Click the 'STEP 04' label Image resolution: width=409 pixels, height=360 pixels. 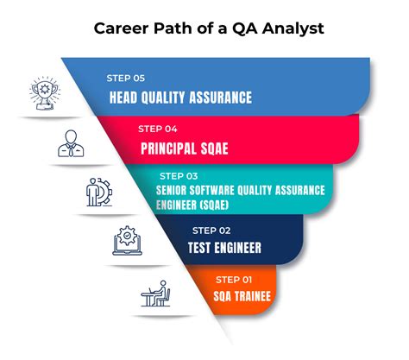[158, 129]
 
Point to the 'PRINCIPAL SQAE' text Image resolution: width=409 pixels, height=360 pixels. [185, 148]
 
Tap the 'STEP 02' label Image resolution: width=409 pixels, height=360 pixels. [211, 230]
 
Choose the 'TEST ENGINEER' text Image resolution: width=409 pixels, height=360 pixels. [223, 249]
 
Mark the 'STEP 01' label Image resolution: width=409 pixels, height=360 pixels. [236, 279]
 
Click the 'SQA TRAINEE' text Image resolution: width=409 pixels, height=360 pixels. [242, 297]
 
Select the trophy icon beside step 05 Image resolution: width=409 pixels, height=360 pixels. [42, 92]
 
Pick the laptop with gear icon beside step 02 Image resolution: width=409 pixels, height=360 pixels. [126, 243]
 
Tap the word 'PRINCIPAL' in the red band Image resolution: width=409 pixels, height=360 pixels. [169, 148]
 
